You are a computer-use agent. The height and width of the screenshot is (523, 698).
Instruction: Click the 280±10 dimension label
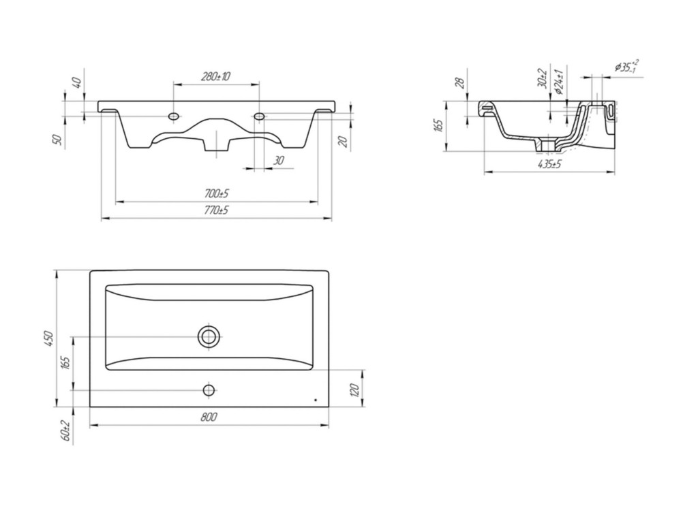point(215,76)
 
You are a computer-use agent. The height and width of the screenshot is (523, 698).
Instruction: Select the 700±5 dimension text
point(216,194)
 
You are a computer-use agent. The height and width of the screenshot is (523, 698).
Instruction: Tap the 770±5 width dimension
point(216,210)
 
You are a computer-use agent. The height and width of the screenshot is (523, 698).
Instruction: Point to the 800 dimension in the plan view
point(209,417)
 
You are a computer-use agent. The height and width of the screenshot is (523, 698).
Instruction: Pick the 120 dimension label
point(354,391)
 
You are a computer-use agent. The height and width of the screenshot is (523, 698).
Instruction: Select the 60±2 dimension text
point(66,430)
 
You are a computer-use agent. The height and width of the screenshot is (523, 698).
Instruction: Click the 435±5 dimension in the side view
point(549,165)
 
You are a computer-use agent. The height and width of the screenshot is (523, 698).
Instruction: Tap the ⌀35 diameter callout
point(627,66)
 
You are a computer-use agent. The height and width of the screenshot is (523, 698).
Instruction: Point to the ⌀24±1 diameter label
point(560,82)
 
